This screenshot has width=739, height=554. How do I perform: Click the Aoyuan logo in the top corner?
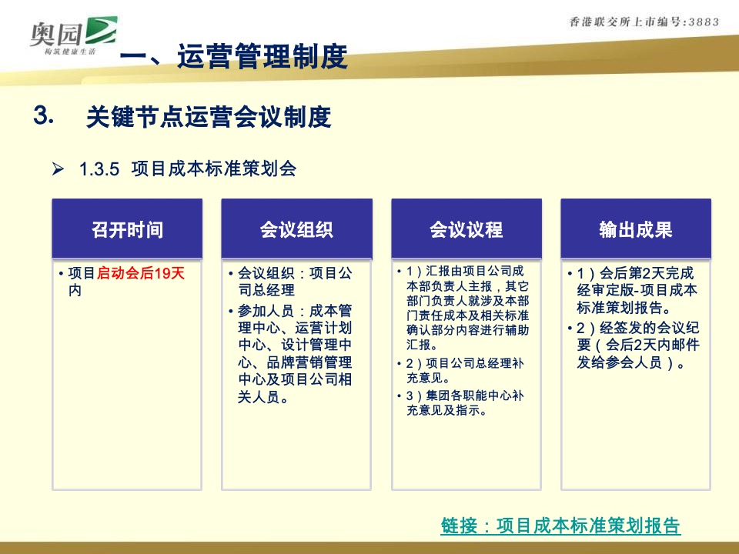pos(73,35)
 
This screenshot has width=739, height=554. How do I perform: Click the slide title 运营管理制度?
pos(262,56)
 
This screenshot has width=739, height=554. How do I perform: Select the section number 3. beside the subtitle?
pos(43,115)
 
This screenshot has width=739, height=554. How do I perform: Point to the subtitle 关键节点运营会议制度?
pos(209,117)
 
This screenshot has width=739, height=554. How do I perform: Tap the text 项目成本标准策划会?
pos(214,168)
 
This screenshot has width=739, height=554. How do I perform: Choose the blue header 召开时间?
pos(127,229)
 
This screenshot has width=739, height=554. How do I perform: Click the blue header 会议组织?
pos(296,229)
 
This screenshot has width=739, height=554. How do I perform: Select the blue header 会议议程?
pos(466,229)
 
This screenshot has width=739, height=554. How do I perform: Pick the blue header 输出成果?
pos(635,229)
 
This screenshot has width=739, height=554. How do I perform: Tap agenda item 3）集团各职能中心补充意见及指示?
pos(465,402)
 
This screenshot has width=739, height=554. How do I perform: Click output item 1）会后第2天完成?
pos(634,290)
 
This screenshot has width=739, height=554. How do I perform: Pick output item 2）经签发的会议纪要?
pos(634,345)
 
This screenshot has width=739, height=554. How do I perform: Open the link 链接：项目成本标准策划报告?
pos(560,526)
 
